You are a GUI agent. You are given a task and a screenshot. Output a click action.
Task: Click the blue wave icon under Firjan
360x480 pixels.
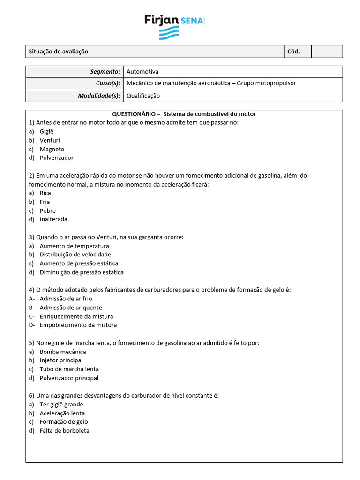(169, 33)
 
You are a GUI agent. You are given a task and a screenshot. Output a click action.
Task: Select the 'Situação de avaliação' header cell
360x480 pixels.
(59, 52)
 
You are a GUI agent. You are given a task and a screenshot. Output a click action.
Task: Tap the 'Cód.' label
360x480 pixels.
(293, 52)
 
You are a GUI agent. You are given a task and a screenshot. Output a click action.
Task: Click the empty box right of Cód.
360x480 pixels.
(327, 52)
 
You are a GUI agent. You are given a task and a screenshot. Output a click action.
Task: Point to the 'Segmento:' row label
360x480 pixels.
(105, 72)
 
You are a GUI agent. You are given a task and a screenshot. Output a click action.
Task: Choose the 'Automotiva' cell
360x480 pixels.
(142, 72)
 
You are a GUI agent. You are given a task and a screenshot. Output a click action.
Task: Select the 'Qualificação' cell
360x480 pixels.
(143, 96)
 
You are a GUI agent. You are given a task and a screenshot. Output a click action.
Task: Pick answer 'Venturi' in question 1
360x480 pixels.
(50, 140)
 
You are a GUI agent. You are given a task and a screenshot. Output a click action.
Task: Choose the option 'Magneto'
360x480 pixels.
(52, 149)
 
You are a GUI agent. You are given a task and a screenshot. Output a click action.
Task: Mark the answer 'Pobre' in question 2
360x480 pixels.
(47, 210)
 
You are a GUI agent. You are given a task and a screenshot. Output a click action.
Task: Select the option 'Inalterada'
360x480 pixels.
(53, 219)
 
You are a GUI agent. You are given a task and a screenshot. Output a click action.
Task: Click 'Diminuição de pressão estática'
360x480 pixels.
(82, 272)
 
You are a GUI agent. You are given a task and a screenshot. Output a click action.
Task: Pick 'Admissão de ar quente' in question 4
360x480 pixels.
(71, 307)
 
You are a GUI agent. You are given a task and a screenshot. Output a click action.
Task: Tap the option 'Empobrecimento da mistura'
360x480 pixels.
(78, 325)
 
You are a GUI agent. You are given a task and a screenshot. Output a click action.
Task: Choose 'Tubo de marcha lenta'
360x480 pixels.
(69, 369)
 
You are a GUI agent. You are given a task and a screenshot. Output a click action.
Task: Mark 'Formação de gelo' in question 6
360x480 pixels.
(64, 422)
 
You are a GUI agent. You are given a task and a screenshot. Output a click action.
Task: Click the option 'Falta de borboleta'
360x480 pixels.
(64, 430)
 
